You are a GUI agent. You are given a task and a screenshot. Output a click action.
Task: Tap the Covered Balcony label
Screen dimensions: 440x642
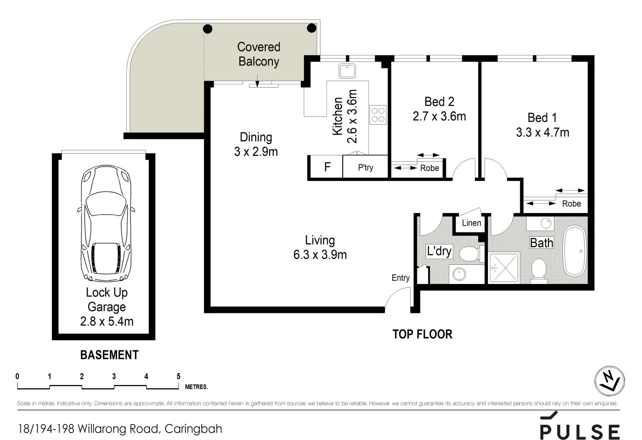[259, 54]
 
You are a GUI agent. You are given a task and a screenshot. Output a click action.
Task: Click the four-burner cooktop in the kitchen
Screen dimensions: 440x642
[378, 114]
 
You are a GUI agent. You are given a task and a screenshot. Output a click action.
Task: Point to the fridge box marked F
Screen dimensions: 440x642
[327, 167]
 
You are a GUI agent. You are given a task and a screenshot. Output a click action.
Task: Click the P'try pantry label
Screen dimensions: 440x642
[366, 167]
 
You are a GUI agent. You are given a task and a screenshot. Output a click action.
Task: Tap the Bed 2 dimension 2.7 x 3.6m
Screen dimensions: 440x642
[439, 117]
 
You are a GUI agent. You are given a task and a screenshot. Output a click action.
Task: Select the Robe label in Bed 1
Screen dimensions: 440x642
[571, 204]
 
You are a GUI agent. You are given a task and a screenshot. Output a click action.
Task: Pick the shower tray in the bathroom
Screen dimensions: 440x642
[504, 268]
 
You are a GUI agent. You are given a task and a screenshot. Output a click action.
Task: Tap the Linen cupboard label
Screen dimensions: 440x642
[471, 223]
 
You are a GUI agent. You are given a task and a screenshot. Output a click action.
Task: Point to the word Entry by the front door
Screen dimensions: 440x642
[400, 278]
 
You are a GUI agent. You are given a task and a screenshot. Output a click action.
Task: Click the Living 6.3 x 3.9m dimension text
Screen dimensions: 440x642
[320, 255]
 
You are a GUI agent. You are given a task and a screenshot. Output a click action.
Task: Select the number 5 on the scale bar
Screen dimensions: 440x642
[179, 376]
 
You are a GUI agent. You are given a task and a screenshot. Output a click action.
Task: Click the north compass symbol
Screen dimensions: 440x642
[609, 381]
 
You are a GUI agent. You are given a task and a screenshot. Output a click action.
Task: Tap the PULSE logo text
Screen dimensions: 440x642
[580, 431]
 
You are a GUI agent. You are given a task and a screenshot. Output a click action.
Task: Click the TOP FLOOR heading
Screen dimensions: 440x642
[422, 334]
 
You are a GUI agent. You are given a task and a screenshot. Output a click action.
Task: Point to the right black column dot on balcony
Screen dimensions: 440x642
[311, 28]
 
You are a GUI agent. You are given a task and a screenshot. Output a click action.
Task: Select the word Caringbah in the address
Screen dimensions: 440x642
[194, 429]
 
